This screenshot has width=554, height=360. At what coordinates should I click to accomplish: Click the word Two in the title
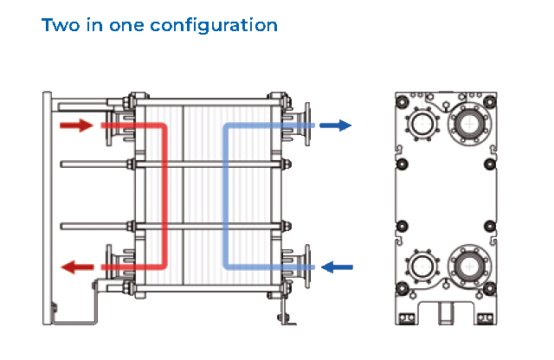click(x=60, y=24)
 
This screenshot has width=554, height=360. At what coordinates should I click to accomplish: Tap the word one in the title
click(x=126, y=25)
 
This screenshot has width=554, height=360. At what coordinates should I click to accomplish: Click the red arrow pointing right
click(x=76, y=125)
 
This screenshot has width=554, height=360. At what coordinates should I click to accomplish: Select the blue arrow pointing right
click(x=336, y=125)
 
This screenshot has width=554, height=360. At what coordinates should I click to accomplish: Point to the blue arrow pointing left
click(x=338, y=267)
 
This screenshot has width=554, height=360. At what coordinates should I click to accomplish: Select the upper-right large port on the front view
click(x=469, y=123)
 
